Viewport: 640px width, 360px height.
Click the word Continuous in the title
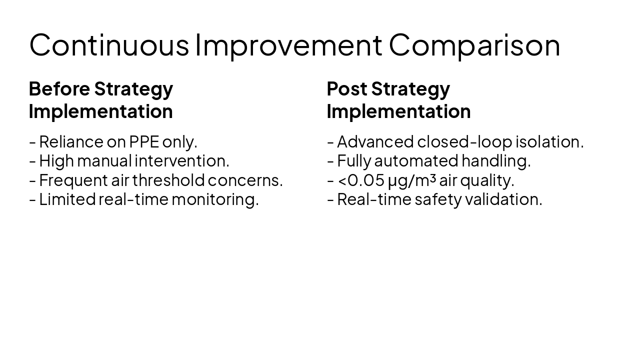point(109,44)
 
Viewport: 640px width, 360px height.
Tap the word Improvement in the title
point(288,44)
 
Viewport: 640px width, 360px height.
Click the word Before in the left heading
point(59,88)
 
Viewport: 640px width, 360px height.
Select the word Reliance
point(71,142)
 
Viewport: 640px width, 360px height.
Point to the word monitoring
point(215,199)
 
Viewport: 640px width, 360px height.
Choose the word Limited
point(67,199)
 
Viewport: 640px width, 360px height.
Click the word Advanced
point(375,142)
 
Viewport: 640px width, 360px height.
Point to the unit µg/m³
point(411,180)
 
